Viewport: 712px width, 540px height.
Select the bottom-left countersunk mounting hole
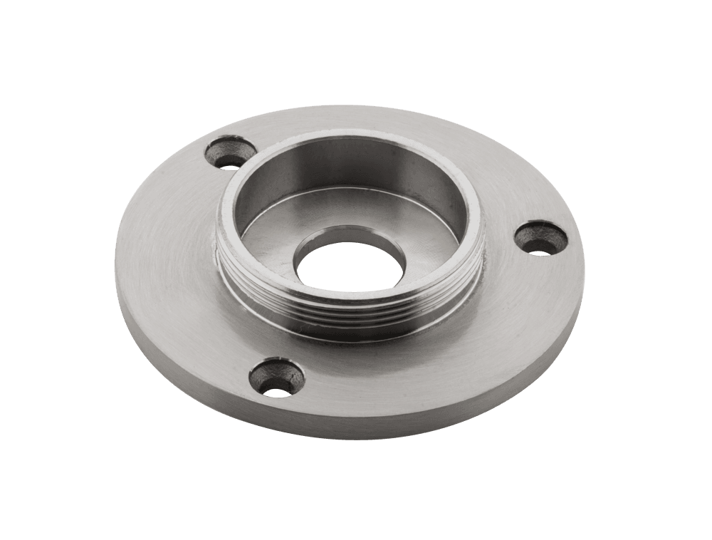275,378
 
